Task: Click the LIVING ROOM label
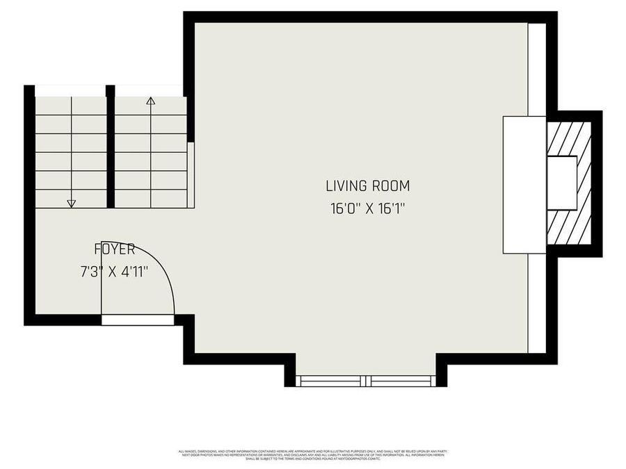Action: coord(367,186)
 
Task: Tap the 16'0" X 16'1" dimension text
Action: coord(367,208)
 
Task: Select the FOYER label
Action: coord(115,249)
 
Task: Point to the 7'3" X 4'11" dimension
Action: coord(115,272)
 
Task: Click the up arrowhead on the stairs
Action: coord(150,101)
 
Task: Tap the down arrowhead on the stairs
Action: coord(71,203)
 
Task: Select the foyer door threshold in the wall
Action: coord(138,320)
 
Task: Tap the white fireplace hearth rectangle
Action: coord(524,185)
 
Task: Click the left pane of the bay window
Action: coord(331,381)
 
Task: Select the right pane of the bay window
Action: coord(402,381)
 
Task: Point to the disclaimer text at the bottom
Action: coord(313,455)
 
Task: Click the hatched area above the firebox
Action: coord(569,138)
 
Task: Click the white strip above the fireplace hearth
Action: coord(536,69)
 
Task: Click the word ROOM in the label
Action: coord(391,186)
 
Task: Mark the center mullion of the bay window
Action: coord(367,381)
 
